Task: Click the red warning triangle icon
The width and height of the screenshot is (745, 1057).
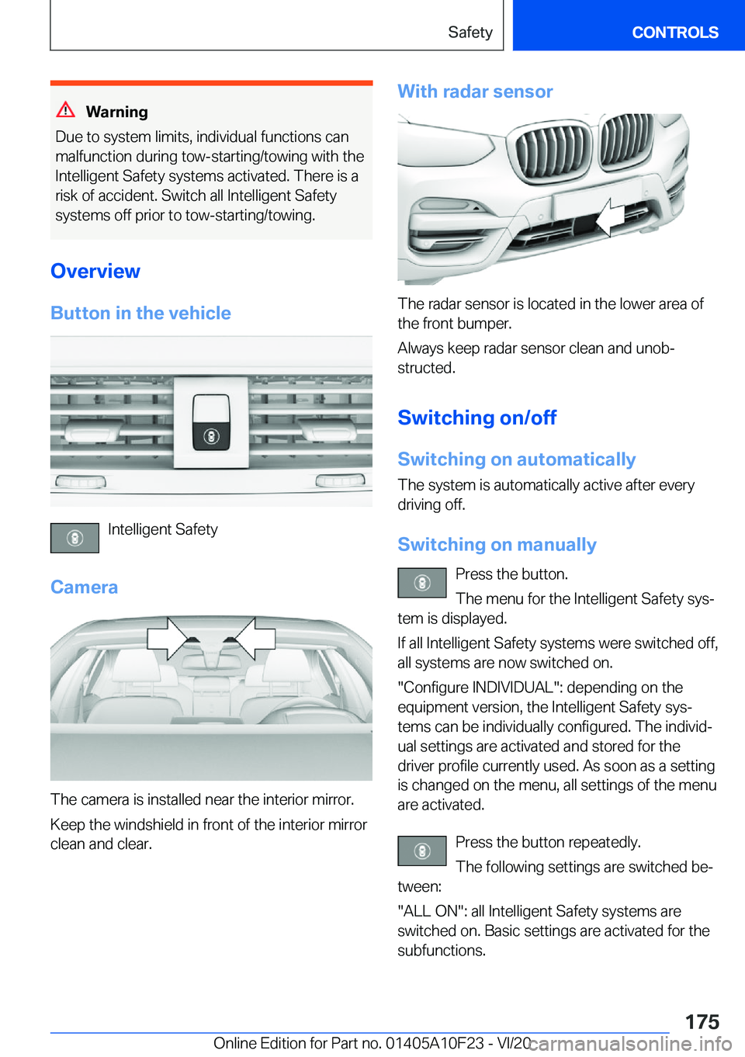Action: pos(66,110)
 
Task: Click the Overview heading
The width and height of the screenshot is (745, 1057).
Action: pos(95,271)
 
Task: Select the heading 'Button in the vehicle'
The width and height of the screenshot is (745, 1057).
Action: pos(140,313)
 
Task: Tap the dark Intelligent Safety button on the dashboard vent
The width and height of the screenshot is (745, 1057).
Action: pos(211,422)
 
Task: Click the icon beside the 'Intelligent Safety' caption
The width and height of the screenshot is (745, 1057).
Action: pos(74,538)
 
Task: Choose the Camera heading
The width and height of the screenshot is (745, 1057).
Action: pos(84,587)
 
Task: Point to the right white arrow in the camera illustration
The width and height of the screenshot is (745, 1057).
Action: pos(252,639)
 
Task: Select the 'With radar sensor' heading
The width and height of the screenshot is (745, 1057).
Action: pos(475,91)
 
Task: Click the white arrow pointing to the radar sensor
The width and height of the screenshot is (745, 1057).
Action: pos(611,217)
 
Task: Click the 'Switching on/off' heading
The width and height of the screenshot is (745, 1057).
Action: pos(477,418)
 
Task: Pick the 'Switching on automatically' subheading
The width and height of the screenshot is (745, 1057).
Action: pos(517,459)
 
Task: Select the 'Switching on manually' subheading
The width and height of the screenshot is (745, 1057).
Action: pos(497,544)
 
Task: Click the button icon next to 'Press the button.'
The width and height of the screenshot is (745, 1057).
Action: pos(422,582)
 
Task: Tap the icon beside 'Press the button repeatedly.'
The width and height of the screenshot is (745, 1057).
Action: pos(422,851)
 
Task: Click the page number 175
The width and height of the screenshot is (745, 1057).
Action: pos(702,1021)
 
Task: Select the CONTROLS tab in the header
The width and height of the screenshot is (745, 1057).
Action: pos(675,32)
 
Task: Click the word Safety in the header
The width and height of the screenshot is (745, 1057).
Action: pos(470,32)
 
